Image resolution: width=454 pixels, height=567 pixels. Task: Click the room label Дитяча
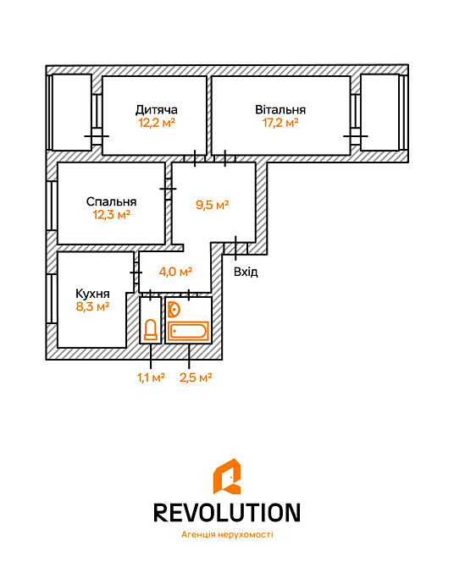(156, 109)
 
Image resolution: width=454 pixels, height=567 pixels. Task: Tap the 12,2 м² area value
(157, 123)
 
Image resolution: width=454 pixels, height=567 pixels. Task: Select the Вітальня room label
(280, 109)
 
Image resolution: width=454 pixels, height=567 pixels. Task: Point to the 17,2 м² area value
(280, 123)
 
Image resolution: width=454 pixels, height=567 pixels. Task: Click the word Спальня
(111, 202)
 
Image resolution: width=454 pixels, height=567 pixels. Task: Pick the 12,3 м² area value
(111, 215)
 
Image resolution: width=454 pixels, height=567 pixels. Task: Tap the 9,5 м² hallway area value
(213, 205)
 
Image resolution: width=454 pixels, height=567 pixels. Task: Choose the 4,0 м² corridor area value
(175, 272)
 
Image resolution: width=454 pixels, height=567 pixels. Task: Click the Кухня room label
(92, 294)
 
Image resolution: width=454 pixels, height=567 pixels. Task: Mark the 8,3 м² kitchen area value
(92, 306)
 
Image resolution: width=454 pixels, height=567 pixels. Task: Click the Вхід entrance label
(246, 272)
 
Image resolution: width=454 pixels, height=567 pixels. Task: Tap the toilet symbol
(150, 329)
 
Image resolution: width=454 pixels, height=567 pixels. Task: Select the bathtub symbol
(189, 331)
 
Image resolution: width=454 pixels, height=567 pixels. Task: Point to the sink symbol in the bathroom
(174, 310)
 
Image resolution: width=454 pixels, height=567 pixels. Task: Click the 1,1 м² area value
(150, 377)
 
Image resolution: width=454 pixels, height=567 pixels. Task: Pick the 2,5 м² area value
(195, 377)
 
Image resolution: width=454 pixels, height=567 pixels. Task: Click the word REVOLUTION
(226, 512)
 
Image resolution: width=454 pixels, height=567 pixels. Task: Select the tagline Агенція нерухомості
(227, 535)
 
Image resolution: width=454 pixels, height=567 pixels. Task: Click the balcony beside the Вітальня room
(379, 113)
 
